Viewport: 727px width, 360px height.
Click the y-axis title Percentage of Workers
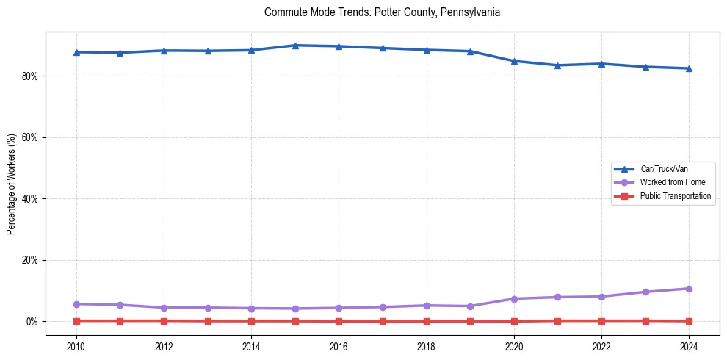coord(11,184)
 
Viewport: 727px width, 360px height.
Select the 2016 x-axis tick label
coord(339,346)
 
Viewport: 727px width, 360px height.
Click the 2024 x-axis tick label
coord(689,346)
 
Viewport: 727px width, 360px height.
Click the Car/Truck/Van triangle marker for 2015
coord(295,46)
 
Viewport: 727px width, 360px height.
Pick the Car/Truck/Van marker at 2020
coord(514,61)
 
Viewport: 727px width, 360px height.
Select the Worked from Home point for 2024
coord(689,289)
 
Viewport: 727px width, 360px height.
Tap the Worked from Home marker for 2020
coord(514,299)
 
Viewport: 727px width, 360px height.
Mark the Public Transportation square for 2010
coord(76,321)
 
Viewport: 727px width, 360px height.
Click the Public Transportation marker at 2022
coord(601,321)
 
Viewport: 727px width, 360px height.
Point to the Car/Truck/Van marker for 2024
coord(689,68)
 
